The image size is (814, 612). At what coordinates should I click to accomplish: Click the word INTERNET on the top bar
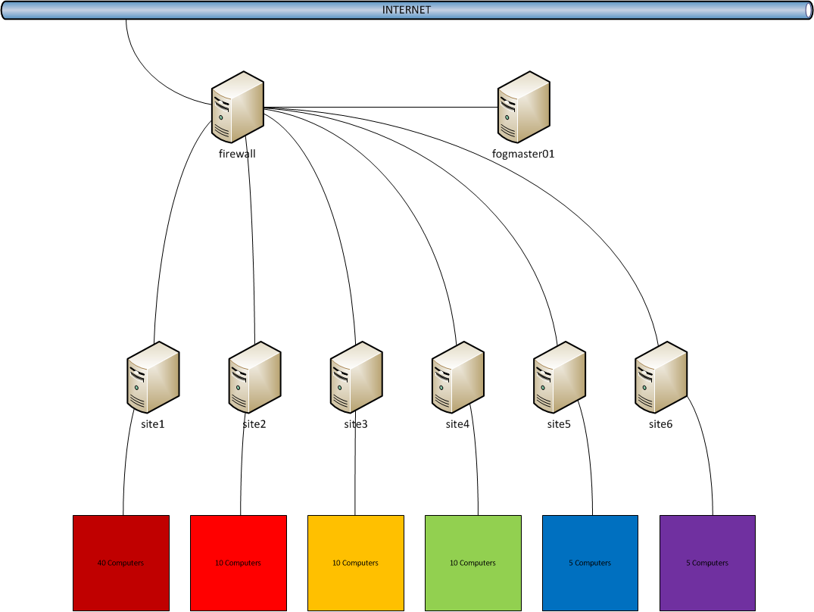coord(407,10)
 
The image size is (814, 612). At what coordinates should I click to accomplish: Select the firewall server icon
coord(237,107)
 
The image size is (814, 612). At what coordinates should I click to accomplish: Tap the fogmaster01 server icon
coord(524,107)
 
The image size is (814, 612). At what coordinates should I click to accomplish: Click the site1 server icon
coord(153,377)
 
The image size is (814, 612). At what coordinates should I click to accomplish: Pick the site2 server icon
coord(254,377)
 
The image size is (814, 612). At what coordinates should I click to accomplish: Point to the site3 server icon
coord(356,377)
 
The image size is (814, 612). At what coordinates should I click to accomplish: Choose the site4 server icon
coord(457,377)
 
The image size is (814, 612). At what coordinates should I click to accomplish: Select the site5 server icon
coord(559,377)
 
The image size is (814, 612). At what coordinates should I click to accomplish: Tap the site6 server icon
coord(660,377)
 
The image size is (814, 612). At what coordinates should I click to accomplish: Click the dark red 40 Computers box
coord(121,563)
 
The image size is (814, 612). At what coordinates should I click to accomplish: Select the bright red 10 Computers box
coord(239,563)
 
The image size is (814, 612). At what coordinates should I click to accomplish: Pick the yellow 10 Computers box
coord(356,563)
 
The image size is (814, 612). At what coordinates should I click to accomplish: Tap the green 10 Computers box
coord(473,563)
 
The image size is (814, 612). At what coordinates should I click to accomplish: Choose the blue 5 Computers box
coord(591,563)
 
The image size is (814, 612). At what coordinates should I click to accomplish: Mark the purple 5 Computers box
coord(707,563)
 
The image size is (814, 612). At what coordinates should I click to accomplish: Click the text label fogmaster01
coord(524,154)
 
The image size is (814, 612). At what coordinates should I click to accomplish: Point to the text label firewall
coord(237,154)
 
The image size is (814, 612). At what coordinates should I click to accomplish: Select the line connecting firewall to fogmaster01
coord(379,108)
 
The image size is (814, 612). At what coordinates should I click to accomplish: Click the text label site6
coord(660,424)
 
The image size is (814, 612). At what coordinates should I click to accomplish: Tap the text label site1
coord(153,424)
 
